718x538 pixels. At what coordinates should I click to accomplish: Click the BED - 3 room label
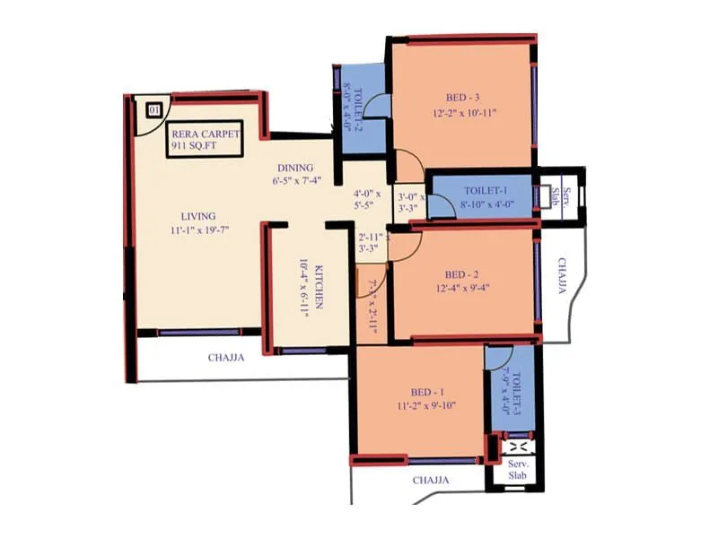coord(464,97)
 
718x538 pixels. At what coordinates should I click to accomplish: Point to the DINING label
coord(294,168)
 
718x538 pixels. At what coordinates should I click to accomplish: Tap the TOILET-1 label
coord(487,191)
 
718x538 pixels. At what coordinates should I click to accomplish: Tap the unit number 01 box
coord(153,110)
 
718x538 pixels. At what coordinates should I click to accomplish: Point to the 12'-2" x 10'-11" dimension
coord(464,113)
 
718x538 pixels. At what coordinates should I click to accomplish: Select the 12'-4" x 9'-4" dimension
coord(464,288)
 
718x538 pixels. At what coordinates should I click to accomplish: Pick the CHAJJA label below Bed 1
coord(432,481)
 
